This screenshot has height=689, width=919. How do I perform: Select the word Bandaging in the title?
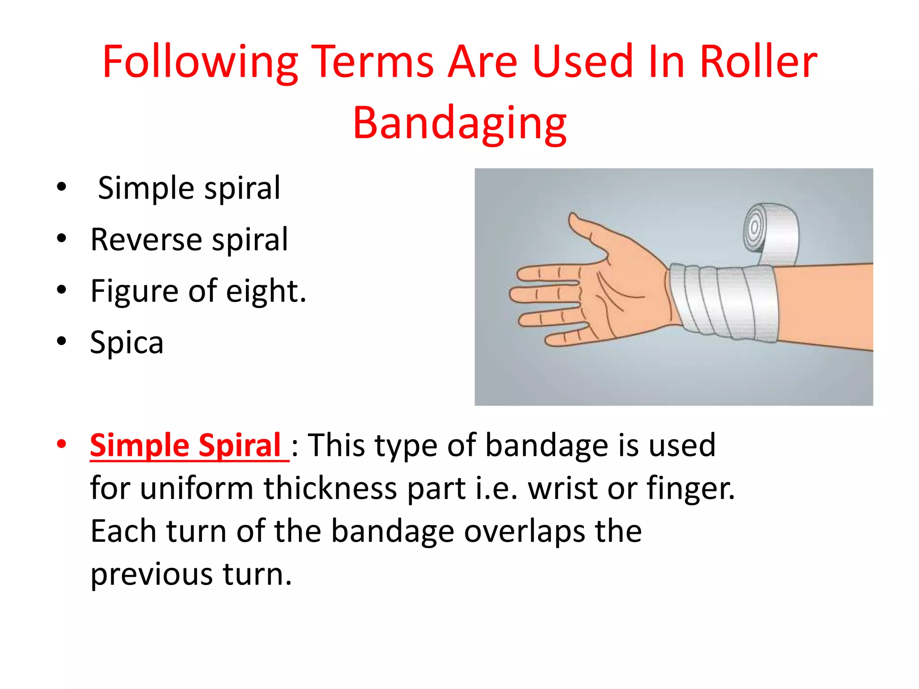click(x=459, y=123)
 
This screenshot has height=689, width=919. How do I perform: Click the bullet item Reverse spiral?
click(x=188, y=240)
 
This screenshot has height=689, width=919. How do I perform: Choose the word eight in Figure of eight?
click(x=265, y=291)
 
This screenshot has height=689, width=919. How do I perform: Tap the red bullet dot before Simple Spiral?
click(x=61, y=444)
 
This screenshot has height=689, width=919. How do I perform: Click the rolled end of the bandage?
click(x=768, y=231)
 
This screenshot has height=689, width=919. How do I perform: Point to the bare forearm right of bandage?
click(x=826, y=305)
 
